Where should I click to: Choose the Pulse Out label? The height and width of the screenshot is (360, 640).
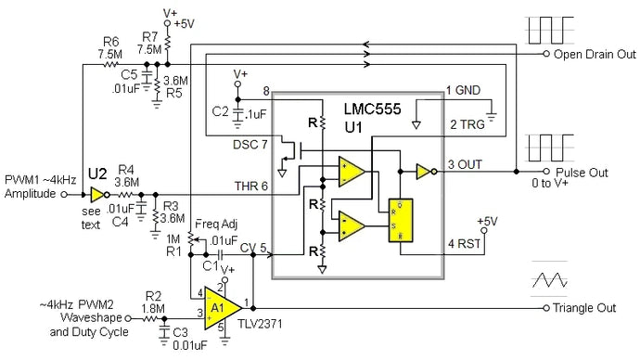pos(582,173)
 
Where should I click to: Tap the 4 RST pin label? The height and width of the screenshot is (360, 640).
pos(464,245)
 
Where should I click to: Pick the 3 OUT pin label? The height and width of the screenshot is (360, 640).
pos(465,165)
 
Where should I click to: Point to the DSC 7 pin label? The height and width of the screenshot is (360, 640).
pos(251,145)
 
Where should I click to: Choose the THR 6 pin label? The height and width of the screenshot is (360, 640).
pos(252,186)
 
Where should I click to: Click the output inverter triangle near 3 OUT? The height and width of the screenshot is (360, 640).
pos(423,172)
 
